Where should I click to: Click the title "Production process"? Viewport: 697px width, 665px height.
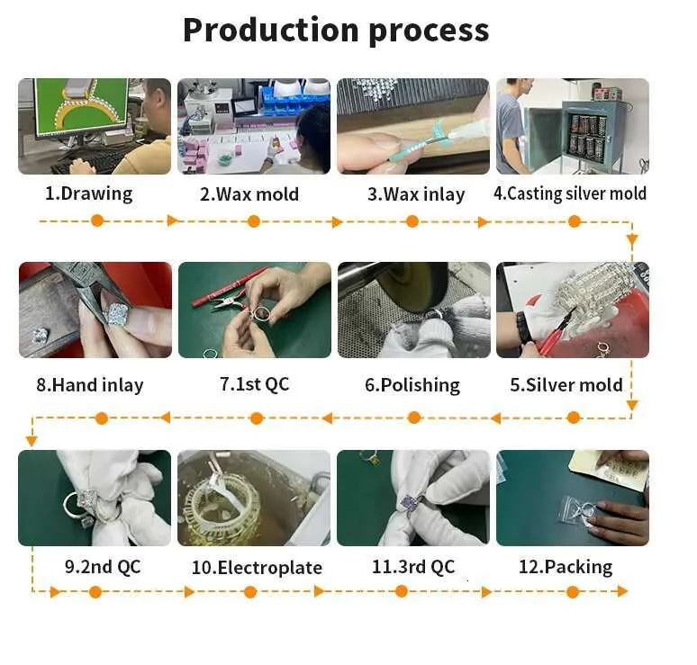tap(336, 31)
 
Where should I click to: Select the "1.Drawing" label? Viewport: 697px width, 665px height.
tap(88, 193)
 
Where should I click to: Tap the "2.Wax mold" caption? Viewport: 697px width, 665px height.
tap(249, 194)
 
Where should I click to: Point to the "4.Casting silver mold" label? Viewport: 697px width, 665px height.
tap(570, 193)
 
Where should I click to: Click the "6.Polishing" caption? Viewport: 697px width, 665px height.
tap(412, 385)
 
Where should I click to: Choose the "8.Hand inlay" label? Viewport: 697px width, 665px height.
tap(90, 385)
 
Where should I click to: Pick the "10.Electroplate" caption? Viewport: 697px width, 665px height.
tap(257, 567)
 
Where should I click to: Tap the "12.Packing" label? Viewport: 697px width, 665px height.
tap(566, 567)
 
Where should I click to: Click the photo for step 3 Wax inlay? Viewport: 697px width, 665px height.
tap(413, 126)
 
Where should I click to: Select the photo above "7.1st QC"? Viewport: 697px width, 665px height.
tap(255, 310)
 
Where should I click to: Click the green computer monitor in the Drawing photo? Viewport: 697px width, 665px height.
tap(81, 106)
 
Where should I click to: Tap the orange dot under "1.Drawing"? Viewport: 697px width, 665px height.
tap(97, 220)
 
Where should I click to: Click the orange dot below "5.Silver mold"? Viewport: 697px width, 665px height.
tap(574, 418)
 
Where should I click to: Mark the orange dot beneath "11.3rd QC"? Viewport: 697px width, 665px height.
tap(402, 591)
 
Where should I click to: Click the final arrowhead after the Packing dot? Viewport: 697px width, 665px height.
tap(622, 591)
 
